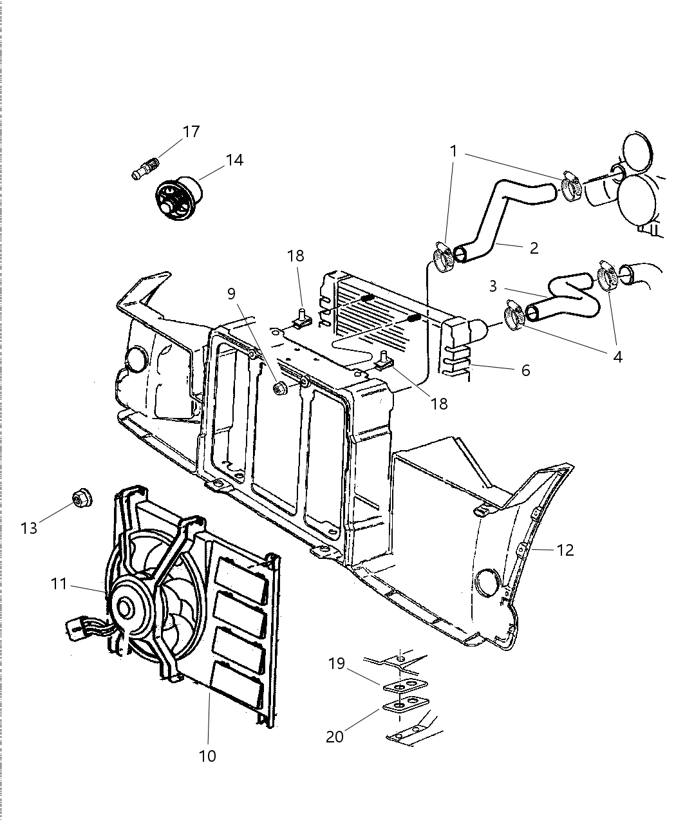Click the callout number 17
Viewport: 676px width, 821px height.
click(x=191, y=132)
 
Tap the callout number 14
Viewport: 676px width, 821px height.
click(x=234, y=160)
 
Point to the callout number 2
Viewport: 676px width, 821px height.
click(x=534, y=248)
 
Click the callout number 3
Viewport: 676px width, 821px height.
click(x=493, y=286)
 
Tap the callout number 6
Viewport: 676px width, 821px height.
click(x=525, y=370)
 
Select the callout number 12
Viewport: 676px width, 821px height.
click(x=565, y=550)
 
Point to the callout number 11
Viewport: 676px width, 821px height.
click(x=59, y=583)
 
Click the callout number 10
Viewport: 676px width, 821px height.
click(x=207, y=756)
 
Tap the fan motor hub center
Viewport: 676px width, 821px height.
click(x=124, y=607)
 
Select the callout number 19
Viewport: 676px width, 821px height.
click(x=337, y=663)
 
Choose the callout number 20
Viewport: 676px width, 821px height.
click(x=335, y=736)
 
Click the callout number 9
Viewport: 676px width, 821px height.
click(x=231, y=294)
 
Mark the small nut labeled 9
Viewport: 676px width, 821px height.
click(x=280, y=388)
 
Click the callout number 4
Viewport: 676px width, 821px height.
click(x=617, y=356)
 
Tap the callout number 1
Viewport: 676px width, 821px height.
click(x=453, y=151)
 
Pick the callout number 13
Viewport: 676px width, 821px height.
click(x=29, y=528)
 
